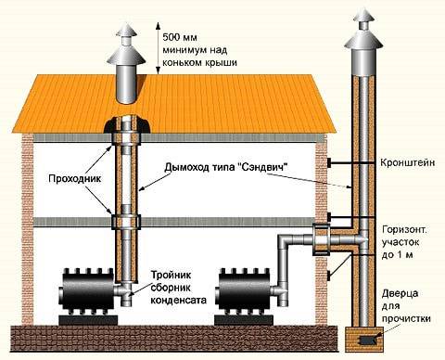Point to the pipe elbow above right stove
[x=283, y=245]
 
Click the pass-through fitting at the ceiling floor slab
[x=125, y=223]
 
